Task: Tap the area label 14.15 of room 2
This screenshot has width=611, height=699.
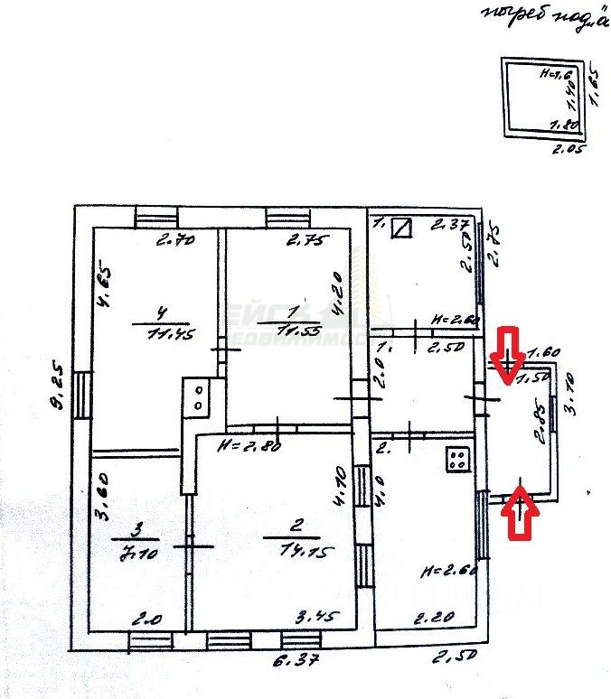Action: point(291,551)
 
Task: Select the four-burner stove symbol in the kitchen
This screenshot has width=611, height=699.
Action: point(458,459)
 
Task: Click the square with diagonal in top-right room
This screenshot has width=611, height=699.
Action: point(401,228)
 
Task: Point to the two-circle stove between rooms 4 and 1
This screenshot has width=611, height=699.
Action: point(197,396)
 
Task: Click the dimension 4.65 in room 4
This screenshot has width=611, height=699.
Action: point(105,284)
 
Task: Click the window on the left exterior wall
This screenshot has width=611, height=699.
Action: point(82,395)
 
